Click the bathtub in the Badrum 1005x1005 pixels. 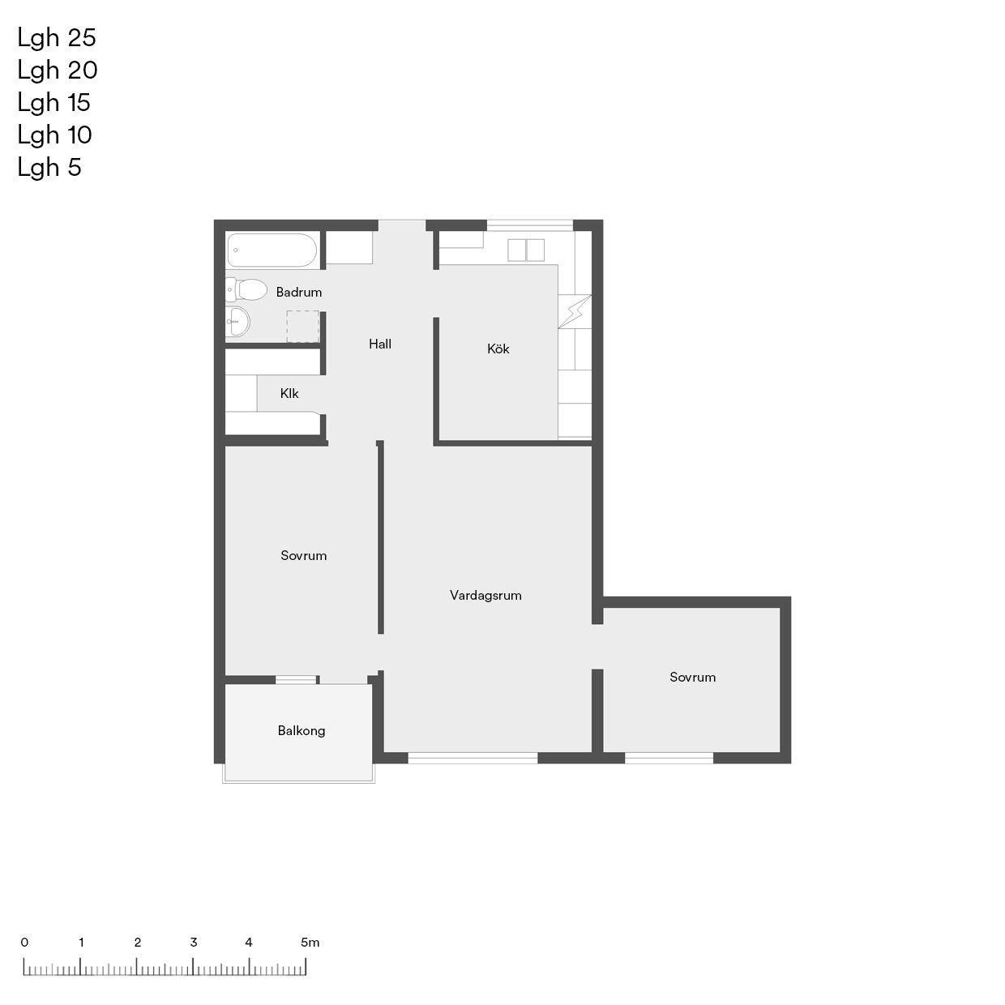[272, 250]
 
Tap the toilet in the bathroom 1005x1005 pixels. [246, 289]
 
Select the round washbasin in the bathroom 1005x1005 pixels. [237, 321]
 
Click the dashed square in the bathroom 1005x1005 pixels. [302, 327]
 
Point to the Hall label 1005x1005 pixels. [379, 344]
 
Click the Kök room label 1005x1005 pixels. [498, 349]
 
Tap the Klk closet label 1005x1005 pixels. [289, 393]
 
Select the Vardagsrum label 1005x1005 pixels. [485, 595]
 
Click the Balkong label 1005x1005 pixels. [301, 731]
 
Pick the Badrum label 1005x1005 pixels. [299, 292]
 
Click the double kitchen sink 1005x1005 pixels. [526, 250]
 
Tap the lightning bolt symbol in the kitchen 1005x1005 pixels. [575, 312]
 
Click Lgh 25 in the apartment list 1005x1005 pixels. [57, 38]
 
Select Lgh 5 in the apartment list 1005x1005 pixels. [49, 168]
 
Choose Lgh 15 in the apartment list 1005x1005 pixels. [53, 103]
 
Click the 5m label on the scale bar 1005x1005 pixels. [310, 943]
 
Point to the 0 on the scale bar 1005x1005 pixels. [24, 943]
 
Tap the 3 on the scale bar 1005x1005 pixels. [194, 943]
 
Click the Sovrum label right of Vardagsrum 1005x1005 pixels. [693, 677]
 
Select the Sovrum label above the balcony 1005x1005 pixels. [304, 555]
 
